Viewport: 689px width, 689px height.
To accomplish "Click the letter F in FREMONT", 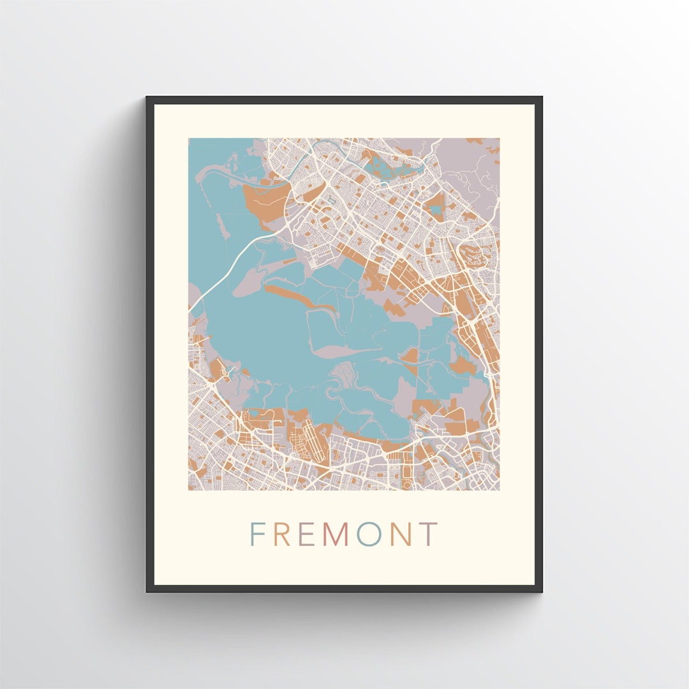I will (257, 535).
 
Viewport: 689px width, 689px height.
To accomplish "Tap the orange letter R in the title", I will (283, 535).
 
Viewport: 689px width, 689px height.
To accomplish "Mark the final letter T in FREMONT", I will (429, 535).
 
